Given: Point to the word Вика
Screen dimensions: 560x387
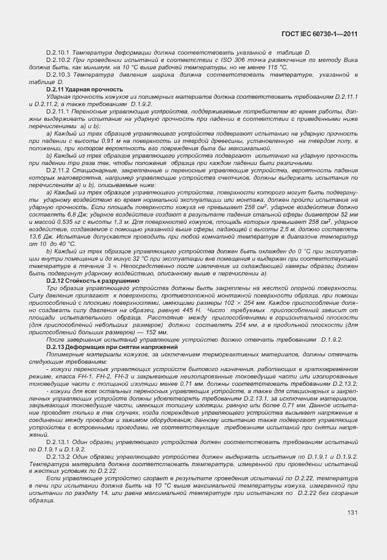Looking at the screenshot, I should point(349,60).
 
